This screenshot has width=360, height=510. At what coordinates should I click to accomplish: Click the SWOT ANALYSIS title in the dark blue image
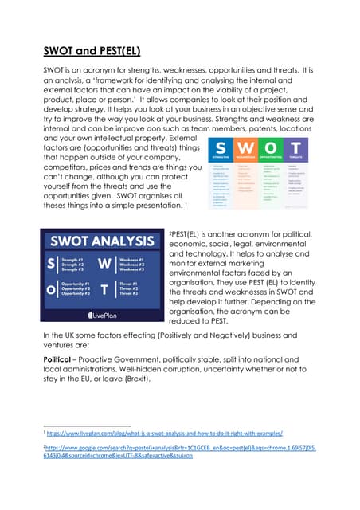point(104,241)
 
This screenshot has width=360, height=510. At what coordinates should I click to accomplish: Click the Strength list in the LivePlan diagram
point(75,264)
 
